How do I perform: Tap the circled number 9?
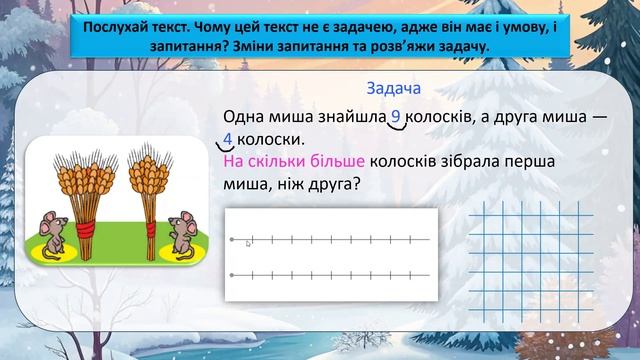click(396, 117)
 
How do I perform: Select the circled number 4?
click(229, 138)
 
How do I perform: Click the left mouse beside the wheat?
click(47, 234)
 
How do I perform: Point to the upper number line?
click(330, 240)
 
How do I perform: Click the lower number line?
click(330, 274)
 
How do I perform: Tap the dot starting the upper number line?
click(232, 240)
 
